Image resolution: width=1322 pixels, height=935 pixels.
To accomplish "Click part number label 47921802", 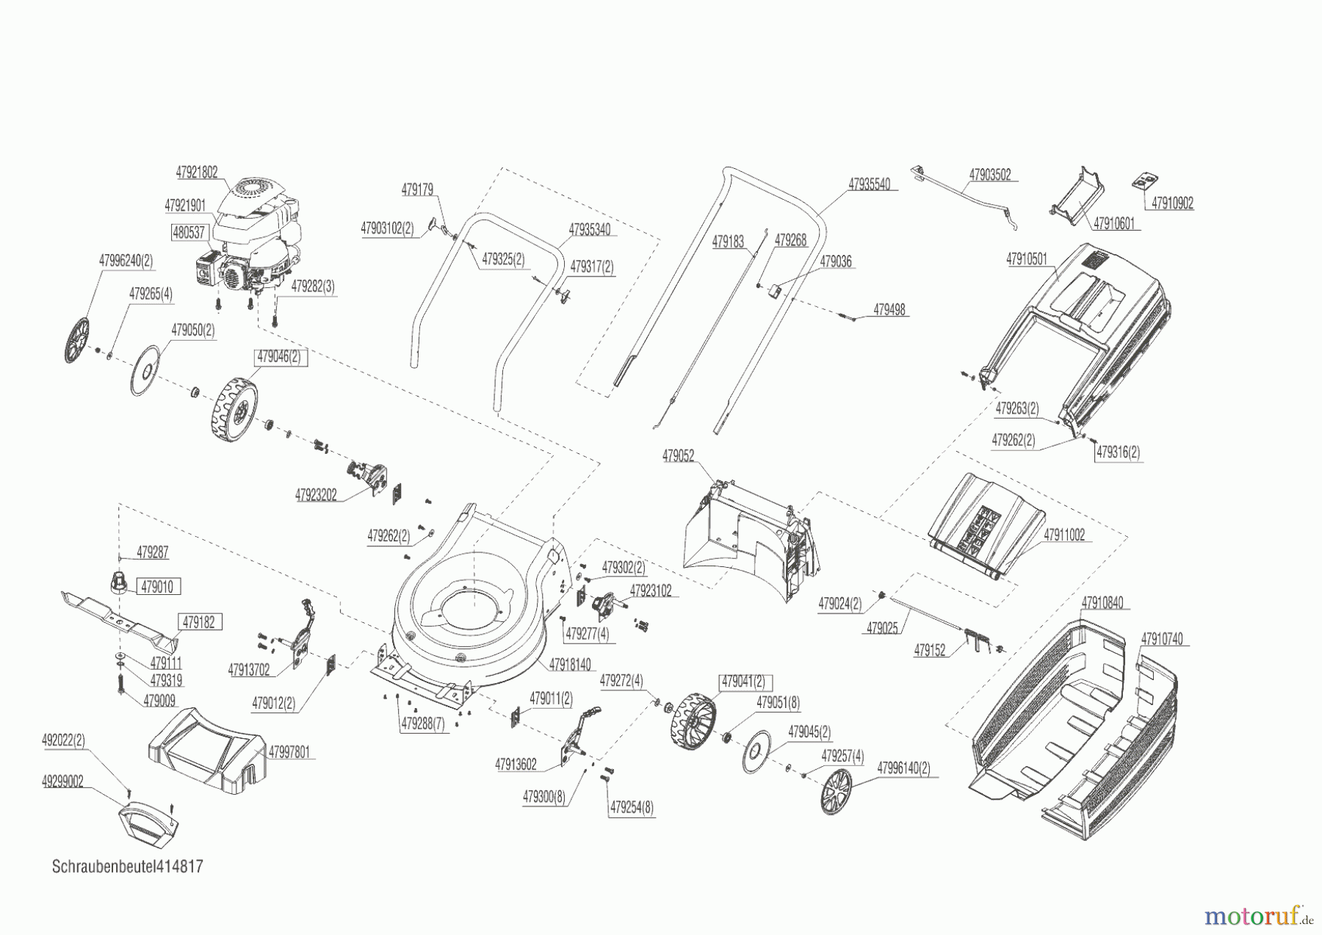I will point(196,173).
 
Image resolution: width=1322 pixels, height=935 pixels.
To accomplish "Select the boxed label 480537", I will point(188,232).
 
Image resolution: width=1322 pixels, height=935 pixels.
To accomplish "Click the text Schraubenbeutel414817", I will point(128,867).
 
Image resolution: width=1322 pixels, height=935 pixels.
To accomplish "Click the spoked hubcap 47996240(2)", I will point(76,341).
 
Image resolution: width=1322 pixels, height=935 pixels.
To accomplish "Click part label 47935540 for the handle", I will point(869,184).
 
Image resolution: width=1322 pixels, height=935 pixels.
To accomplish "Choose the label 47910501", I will point(1026,259).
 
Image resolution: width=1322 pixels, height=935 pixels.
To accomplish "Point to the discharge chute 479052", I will point(749,544).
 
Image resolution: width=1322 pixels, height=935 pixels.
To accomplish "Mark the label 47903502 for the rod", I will point(989,175).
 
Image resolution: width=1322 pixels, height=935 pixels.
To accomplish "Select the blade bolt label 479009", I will point(159,701).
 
